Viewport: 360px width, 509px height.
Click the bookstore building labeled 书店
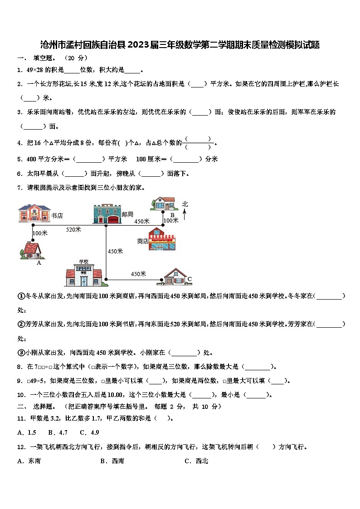coord(34,213)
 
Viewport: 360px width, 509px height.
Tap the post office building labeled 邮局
coord(107,213)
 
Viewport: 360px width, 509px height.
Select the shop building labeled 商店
coord(163,241)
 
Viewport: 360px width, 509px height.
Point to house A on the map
coord(31,251)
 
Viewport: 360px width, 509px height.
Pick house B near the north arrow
coord(163,204)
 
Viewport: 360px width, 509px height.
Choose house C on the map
coord(175,276)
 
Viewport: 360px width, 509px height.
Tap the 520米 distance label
coord(73,229)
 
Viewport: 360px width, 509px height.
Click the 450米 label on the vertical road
coord(115,251)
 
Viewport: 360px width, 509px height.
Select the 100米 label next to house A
coord(40,233)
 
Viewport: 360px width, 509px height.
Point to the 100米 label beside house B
coord(171,220)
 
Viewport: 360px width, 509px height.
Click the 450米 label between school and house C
coord(138,274)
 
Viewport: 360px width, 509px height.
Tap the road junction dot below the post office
coord(106,224)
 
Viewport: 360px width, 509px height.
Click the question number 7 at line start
coord(19,187)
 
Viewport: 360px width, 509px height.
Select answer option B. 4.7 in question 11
coord(58,432)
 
